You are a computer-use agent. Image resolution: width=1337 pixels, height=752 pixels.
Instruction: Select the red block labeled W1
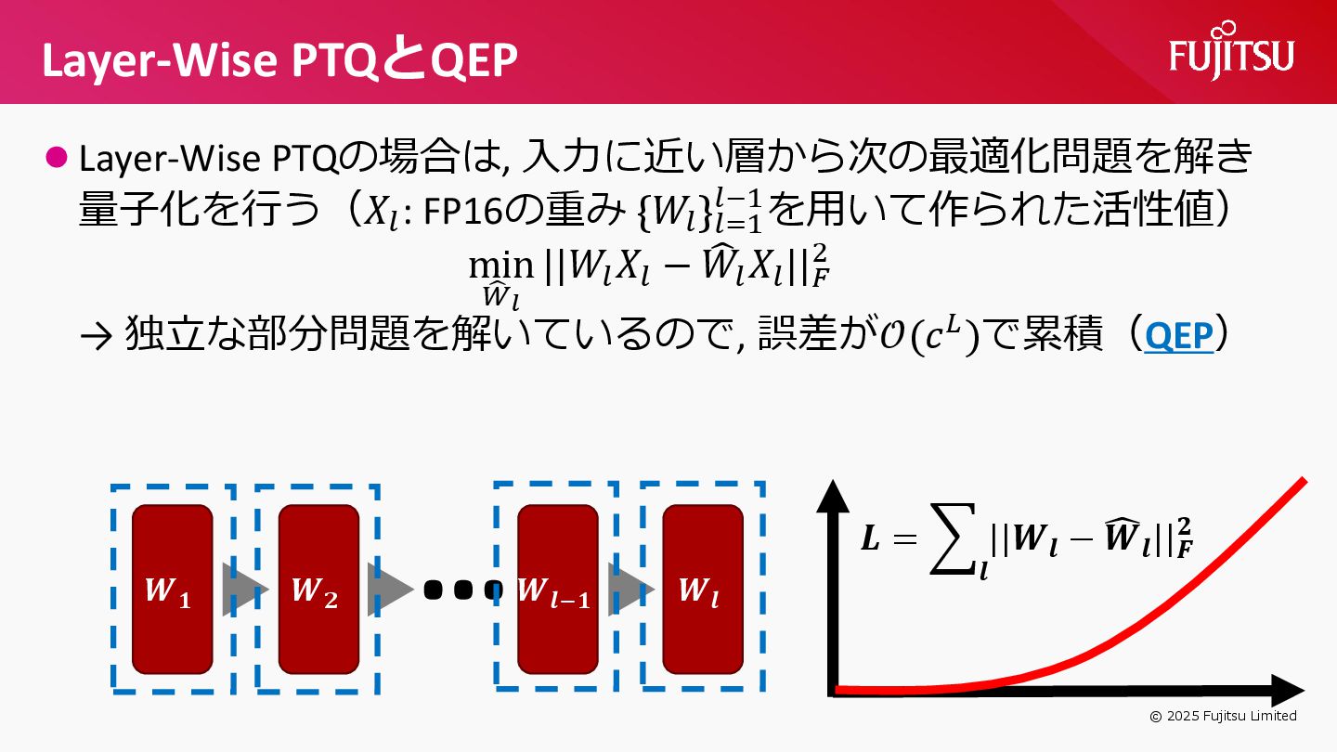[173, 590]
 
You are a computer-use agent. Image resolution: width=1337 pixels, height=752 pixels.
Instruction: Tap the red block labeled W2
[318, 590]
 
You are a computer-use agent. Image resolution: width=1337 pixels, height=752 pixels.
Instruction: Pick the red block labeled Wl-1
[557, 590]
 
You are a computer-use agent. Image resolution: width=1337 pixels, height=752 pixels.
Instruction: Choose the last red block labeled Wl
[703, 590]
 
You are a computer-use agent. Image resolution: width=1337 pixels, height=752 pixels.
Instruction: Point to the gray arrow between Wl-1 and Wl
[630, 590]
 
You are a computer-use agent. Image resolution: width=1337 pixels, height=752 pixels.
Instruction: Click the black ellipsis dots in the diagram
[461, 590]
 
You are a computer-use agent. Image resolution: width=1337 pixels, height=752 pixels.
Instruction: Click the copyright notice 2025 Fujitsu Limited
[1223, 716]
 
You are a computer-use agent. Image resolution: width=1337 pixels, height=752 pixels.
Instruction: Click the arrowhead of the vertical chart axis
[833, 499]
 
